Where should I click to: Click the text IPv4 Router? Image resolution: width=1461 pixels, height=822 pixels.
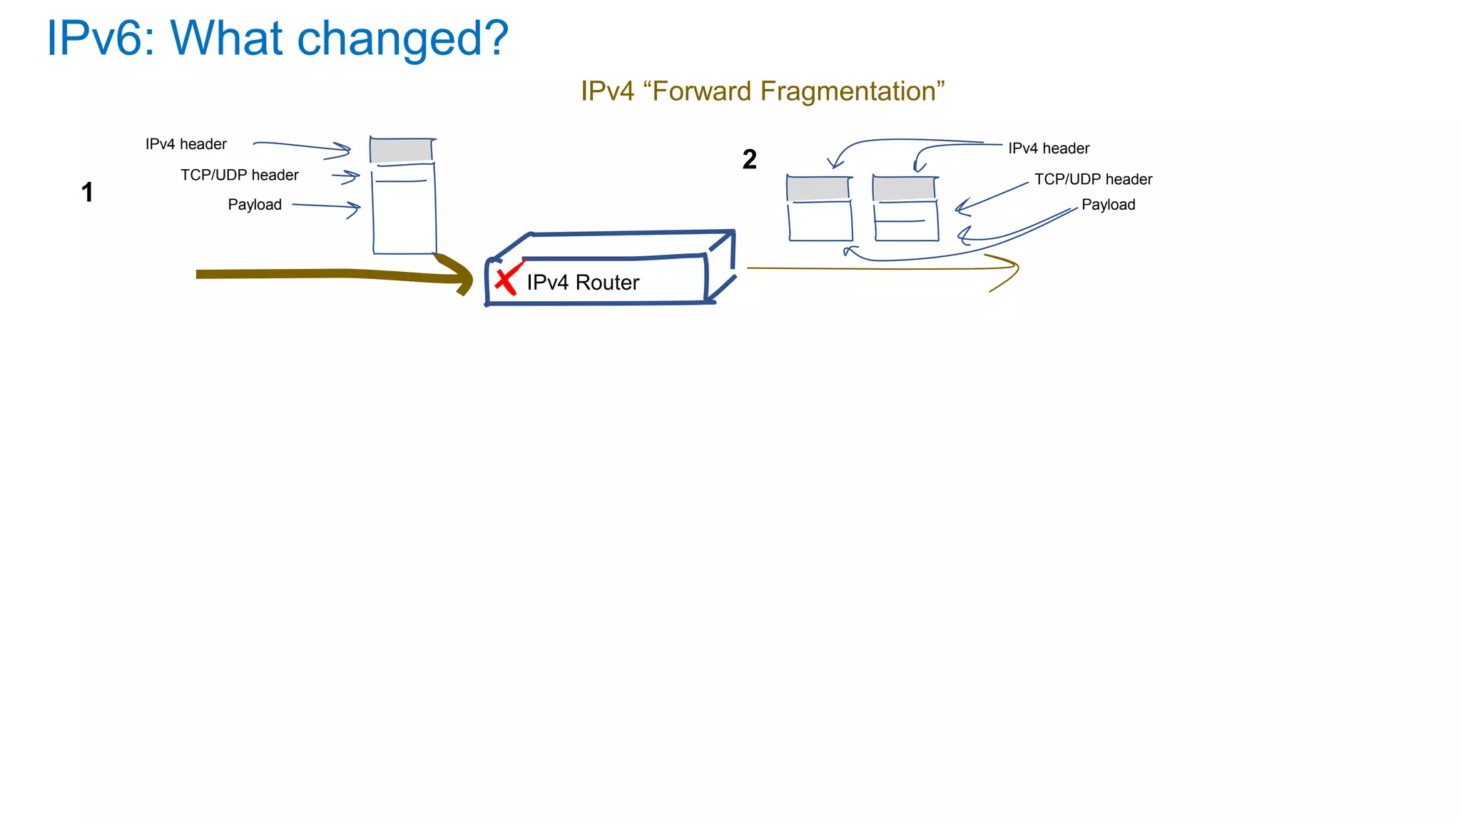click(582, 283)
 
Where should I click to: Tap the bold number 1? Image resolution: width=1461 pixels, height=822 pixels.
click(87, 193)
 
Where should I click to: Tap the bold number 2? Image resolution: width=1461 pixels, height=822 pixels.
click(749, 159)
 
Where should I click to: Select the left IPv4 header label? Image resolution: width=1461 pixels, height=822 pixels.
click(185, 144)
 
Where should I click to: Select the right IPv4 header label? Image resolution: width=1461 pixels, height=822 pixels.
click(1048, 148)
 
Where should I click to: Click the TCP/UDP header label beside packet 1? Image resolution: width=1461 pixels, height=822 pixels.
click(239, 176)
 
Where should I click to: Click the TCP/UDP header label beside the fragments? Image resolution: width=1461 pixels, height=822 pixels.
click(1093, 180)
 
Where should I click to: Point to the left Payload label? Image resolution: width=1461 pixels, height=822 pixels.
click(255, 205)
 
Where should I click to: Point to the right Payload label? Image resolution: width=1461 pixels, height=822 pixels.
click(1108, 205)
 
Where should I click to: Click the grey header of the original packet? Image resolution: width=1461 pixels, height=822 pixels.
click(401, 151)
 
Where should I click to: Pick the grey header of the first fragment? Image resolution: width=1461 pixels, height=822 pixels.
click(818, 188)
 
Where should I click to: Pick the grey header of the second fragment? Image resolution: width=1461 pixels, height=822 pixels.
click(904, 188)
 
